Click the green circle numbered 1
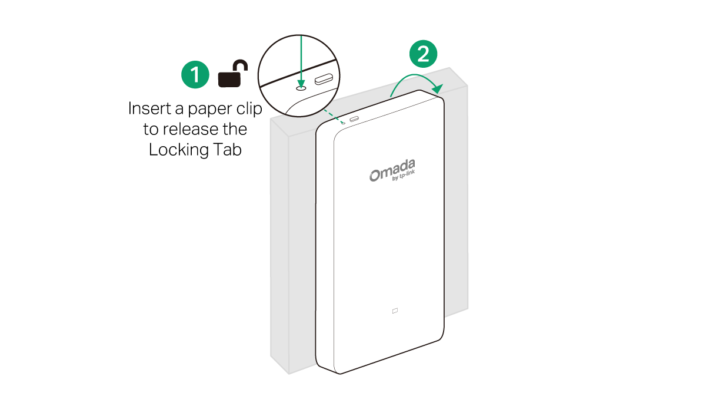click(x=195, y=74)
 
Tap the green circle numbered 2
click(x=423, y=54)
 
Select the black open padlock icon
click(x=233, y=73)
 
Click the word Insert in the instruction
click(x=150, y=108)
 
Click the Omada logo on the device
click(x=392, y=170)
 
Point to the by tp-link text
click(x=404, y=175)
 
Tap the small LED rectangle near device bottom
click(x=395, y=311)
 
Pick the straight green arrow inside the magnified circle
click(x=301, y=62)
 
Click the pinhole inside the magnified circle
click(x=301, y=88)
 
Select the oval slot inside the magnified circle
click(x=324, y=80)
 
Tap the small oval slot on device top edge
click(x=354, y=119)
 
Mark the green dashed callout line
click(x=334, y=116)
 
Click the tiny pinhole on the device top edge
click(x=343, y=123)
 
